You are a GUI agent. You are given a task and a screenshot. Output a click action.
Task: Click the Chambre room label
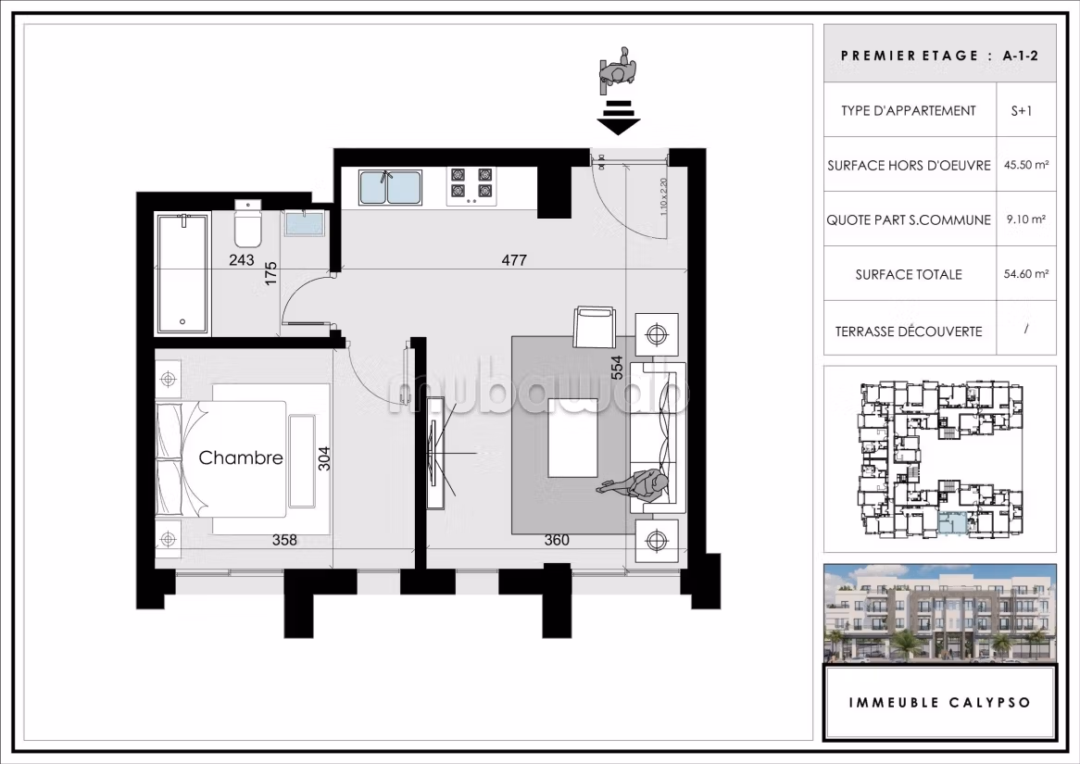tap(241, 457)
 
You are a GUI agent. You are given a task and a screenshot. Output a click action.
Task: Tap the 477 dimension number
tap(514, 259)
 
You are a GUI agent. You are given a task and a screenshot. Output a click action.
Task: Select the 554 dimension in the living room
tap(617, 368)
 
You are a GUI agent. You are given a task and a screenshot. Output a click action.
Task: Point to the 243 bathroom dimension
tap(241, 259)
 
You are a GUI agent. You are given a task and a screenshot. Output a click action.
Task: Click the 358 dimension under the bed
tap(284, 540)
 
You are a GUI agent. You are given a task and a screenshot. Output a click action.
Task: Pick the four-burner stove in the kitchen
tap(471, 186)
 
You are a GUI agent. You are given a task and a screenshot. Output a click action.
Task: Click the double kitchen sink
tap(389, 187)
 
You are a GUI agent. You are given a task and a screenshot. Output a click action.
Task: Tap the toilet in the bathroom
tap(248, 223)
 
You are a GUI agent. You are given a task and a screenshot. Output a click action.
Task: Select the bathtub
tap(182, 273)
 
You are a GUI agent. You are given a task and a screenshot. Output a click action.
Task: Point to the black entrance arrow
tap(619, 117)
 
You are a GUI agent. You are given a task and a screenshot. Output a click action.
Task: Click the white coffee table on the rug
tap(573, 437)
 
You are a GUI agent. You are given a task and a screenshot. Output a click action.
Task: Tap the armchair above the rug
tap(594, 326)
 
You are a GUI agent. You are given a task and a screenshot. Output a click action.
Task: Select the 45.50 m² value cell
tap(1026, 165)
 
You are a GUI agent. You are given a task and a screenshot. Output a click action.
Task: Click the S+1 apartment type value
tap(1022, 110)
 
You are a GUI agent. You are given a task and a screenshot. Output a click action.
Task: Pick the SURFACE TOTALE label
tap(909, 274)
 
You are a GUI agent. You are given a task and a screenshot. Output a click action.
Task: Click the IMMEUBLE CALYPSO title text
tap(940, 703)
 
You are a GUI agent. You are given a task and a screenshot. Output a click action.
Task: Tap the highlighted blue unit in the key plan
tap(952, 523)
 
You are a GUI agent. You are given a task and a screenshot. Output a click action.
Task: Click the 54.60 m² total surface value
tap(1026, 273)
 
